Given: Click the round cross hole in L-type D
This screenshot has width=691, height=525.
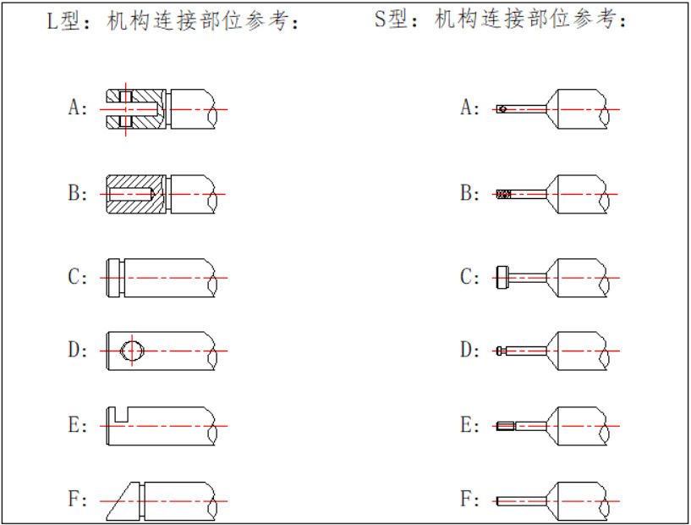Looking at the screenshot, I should point(133,350).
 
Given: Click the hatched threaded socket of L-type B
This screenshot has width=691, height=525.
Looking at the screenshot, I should point(135,194).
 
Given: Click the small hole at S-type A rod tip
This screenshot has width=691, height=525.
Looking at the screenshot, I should point(502,109).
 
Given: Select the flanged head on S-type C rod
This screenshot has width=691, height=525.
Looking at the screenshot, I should point(501,278).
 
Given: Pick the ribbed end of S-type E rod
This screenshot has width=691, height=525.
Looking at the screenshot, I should point(504,426).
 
